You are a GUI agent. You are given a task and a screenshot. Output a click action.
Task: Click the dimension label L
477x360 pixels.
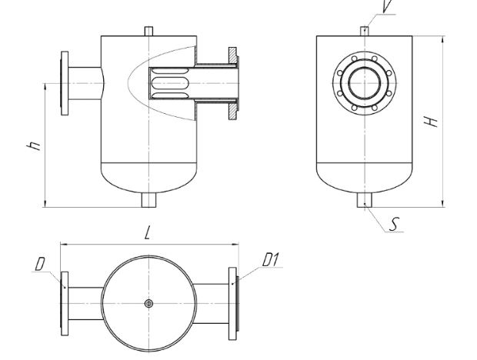pyautogui.click(x=147, y=234)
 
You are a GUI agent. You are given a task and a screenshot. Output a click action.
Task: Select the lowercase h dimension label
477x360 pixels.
pyautogui.click(x=34, y=146)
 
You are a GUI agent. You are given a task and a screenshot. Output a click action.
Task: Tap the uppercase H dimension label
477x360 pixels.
pyautogui.click(x=431, y=122)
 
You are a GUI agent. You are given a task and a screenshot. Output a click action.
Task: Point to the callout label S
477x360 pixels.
pyautogui.click(x=394, y=225)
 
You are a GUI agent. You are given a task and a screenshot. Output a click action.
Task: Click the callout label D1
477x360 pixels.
pyautogui.click(x=270, y=260)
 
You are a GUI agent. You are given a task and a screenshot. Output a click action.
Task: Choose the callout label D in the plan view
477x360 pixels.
pyautogui.click(x=40, y=264)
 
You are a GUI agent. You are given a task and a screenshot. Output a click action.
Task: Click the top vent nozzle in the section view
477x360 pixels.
pyautogui.click(x=148, y=32)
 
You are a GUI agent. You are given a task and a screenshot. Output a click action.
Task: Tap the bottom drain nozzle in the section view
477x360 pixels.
pyautogui.click(x=148, y=200)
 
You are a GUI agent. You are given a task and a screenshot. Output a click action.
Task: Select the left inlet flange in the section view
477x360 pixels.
pyautogui.click(x=65, y=83)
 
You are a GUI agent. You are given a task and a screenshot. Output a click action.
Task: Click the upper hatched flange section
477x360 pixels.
pyautogui.click(x=232, y=55)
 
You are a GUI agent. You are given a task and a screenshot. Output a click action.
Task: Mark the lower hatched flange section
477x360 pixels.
pyautogui.click(x=232, y=111)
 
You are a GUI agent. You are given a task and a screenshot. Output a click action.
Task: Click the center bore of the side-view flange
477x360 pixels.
pyautogui.click(x=365, y=83)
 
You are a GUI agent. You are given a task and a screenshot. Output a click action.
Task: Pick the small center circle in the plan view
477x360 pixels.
pyautogui.click(x=148, y=303)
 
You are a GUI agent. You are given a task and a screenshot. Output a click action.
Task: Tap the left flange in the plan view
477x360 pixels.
pyautogui.click(x=65, y=303)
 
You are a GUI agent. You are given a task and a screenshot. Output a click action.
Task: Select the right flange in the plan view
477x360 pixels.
pyautogui.click(x=232, y=303)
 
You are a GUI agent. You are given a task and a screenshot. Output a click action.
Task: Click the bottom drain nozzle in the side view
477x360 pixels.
pyautogui.click(x=365, y=200)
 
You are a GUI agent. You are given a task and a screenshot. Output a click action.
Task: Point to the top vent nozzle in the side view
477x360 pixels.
pyautogui.click(x=365, y=32)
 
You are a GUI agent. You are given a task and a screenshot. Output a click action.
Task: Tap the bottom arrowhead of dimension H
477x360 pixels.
pyautogui.click(x=443, y=204)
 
